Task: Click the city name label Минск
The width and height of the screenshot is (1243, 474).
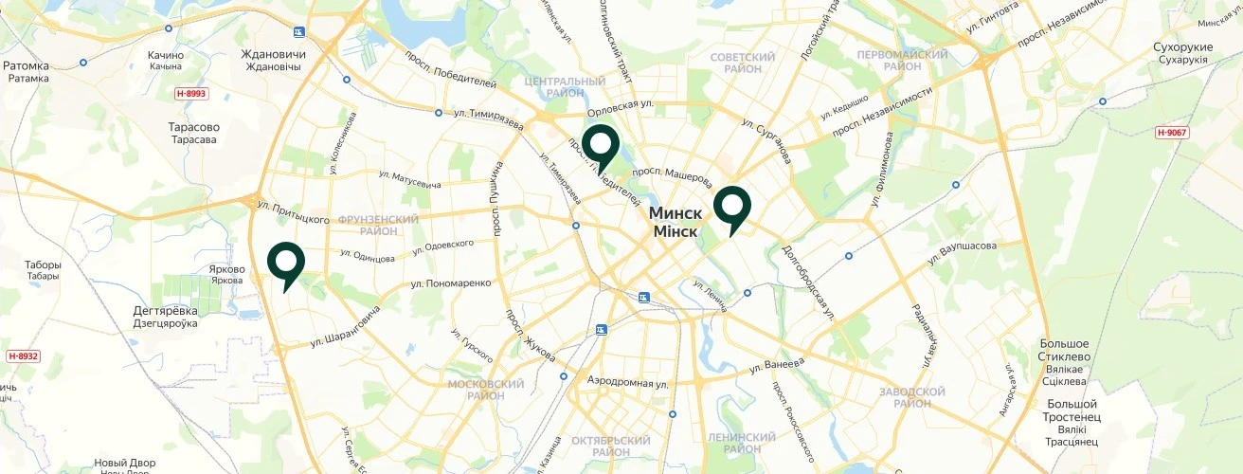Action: coord(676,213)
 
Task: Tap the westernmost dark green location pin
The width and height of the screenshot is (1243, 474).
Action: coord(285,262)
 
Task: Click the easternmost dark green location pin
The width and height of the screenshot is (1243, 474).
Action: coord(731,206)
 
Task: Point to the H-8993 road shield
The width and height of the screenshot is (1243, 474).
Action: coord(190,94)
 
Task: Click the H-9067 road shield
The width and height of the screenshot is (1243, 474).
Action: coord(1172,132)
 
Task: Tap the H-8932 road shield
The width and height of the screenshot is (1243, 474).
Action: coord(23,355)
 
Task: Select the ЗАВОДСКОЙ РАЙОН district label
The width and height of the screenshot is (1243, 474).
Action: coord(911,397)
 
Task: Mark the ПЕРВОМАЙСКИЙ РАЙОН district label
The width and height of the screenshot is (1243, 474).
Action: coord(902,61)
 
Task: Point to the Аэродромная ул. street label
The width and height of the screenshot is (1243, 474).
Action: coord(627,382)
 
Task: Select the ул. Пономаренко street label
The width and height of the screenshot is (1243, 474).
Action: coord(451,283)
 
